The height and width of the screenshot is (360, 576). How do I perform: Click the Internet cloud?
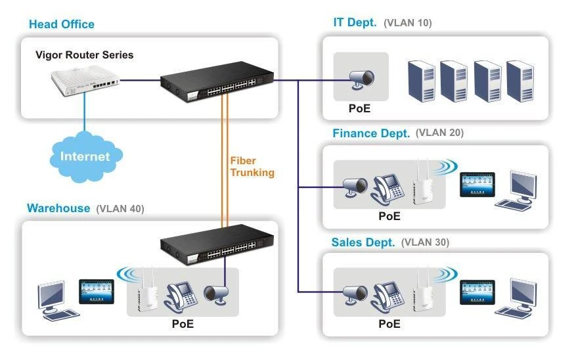pos(85,156)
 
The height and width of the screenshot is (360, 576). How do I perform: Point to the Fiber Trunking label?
pos(252,167)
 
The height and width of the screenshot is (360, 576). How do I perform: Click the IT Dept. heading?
pos(355,23)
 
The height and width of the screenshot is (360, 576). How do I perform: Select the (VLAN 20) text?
pos(439,133)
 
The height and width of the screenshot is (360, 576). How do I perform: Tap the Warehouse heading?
pos(58,208)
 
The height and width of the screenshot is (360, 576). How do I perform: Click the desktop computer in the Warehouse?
pos(53,299)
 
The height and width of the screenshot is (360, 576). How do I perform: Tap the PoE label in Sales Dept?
pos(389,324)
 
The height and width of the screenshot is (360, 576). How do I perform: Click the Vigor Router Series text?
pos(84,55)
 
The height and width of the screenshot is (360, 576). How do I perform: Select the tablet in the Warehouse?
pos(97,290)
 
